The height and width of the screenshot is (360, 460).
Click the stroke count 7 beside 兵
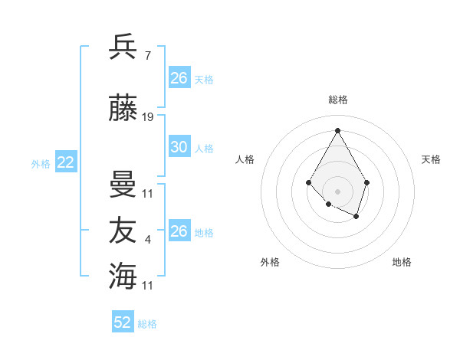(x=147, y=56)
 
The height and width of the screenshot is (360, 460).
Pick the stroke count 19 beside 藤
(x=148, y=117)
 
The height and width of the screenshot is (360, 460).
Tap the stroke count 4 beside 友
(x=147, y=241)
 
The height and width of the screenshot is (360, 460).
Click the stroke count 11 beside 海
(x=148, y=285)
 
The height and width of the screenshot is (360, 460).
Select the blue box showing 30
(x=179, y=147)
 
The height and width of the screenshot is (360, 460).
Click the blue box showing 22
(x=66, y=162)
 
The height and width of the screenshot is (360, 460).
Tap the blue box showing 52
(x=123, y=322)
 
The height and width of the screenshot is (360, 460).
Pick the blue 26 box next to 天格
(x=179, y=78)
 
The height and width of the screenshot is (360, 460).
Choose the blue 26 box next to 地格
(x=179, y=231)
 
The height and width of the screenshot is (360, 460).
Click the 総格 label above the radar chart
(x=338, y=100)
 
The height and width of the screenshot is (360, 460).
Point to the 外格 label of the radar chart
(x=270, y=262)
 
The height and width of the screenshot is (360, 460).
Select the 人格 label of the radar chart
(x=245, y=159)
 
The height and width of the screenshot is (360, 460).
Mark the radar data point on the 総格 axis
(x=337, y=129)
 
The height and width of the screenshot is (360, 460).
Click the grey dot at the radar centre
(x=337, y=191)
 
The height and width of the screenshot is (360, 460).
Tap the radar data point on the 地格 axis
(x=356, y=217)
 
